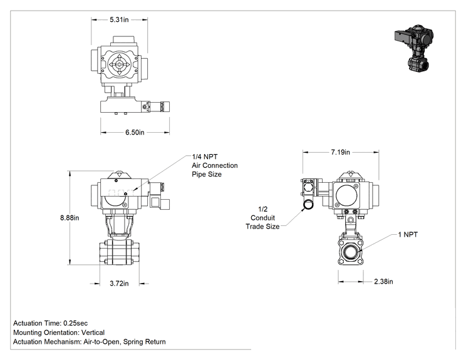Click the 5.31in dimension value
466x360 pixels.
(x=119, y=19)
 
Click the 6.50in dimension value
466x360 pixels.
(x=135, y=132)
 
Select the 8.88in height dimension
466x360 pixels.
(x=70, y=218)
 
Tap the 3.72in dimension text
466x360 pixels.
(x=119, y=284)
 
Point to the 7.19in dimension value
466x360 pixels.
(x=341, y=152)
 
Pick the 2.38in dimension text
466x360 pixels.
(x=383, y=281)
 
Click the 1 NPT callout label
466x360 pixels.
(x=408, y=235)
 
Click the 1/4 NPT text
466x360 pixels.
(x=205, y=157)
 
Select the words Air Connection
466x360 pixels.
(x=215, y=165)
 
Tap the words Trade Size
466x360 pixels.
(x=262, y=227)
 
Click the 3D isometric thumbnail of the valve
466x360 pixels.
(x=414, y=48)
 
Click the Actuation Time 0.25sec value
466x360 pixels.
(x=76, y=323)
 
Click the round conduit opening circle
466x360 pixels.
(x=308, y=205)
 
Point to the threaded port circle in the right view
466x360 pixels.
(x=351, y=252)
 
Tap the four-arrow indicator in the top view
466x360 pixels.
(x=119, y=64)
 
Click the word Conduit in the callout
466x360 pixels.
(x=262, y=218)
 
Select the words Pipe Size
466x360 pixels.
(x=207, y=174)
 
